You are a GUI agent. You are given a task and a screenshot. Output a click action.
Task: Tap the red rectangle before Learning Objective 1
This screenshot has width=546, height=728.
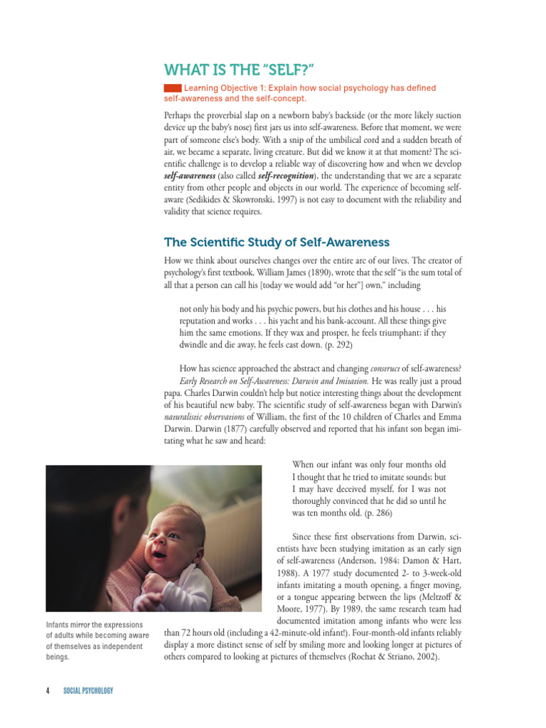[x=172, y=87]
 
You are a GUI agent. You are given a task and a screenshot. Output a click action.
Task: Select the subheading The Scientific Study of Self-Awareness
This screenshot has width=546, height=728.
[x=277, y=242]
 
